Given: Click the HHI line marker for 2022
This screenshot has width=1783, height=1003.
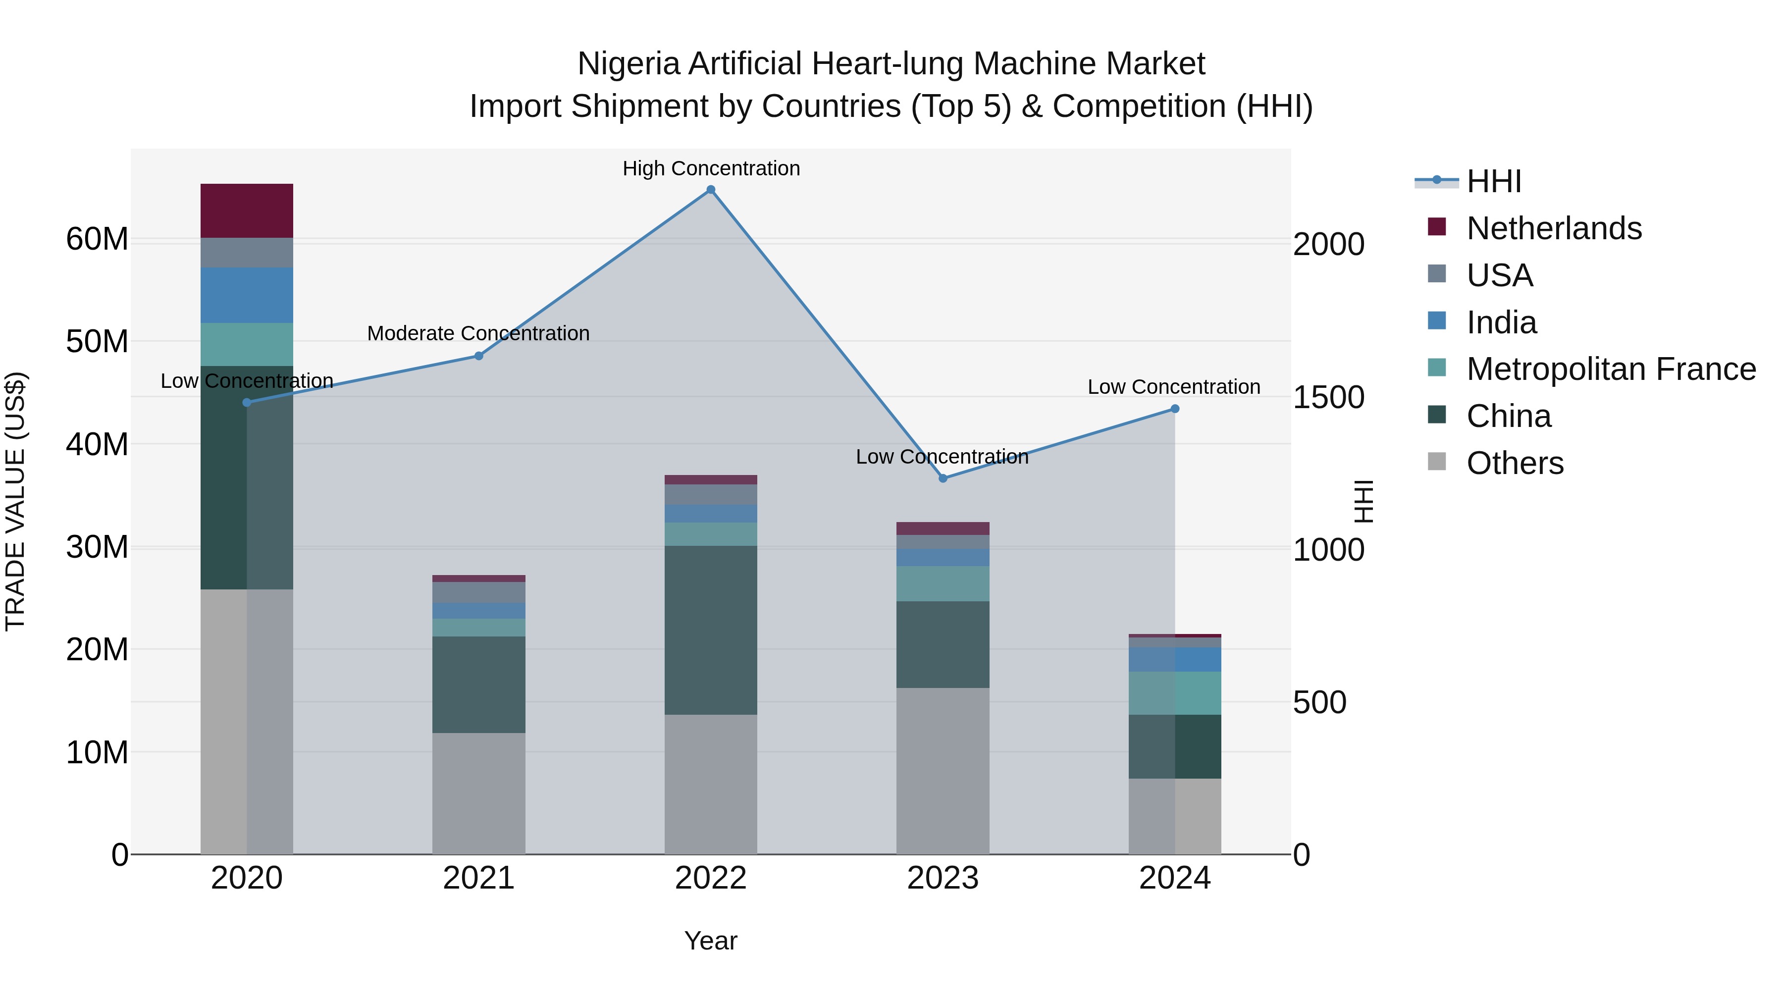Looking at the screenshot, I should (710, 190).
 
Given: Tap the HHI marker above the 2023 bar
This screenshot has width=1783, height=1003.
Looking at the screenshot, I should (942, 478).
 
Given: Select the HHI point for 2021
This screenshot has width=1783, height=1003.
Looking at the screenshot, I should (478, 356).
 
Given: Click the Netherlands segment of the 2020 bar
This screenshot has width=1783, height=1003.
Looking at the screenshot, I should (247, 211).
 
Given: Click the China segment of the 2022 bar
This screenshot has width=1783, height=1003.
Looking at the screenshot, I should (710, 630).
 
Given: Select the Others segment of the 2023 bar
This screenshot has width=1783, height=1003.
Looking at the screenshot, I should (942, 770).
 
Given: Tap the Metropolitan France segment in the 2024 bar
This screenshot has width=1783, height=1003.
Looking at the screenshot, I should (1175, 693).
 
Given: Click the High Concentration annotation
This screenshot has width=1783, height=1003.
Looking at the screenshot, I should (711, 168).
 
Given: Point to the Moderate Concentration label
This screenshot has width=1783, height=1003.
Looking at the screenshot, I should (478, 333).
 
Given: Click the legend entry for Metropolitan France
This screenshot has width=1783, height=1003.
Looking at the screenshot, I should (1611, 369).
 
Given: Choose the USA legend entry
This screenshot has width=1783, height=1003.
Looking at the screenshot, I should (1499, 275).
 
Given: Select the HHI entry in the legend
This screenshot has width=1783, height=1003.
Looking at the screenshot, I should (1494, 181).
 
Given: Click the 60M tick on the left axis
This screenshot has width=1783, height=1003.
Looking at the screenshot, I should (97, 240).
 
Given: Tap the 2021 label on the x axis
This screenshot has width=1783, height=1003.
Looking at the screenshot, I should (478, 878).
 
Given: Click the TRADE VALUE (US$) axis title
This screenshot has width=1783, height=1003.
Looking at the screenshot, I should (15, 501).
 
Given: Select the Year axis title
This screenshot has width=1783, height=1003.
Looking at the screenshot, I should (710, 941).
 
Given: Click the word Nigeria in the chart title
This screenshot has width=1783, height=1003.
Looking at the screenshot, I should (629, 64).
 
